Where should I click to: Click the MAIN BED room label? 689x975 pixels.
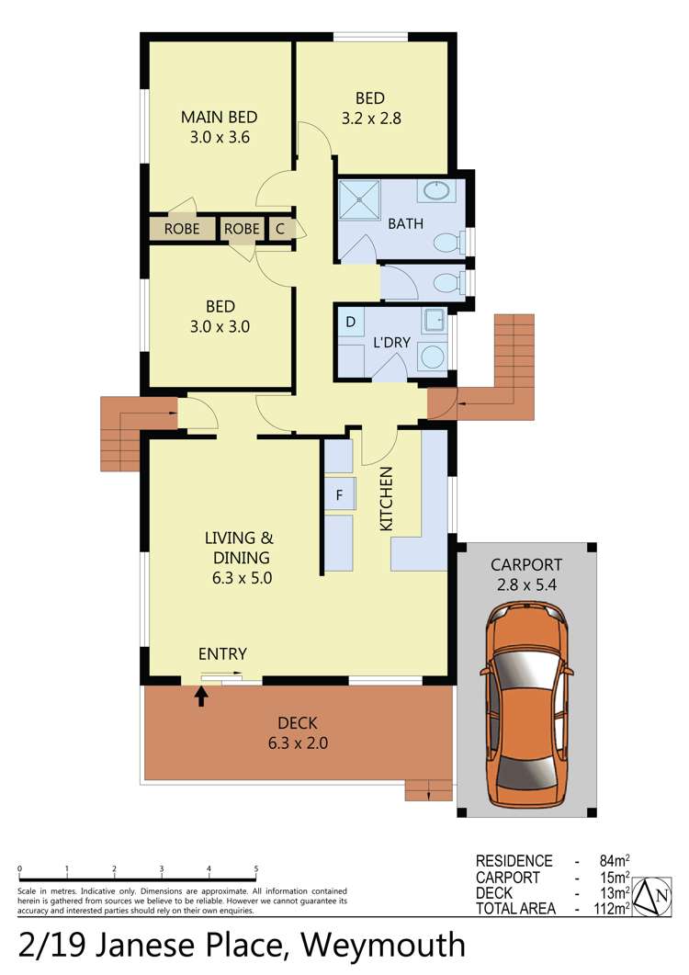pyautogui.click(x=219, y=118)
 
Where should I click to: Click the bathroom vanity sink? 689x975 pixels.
pyautogui.click(x=436, y=192)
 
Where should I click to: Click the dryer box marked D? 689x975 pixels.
pyautogui.click(x=350, y=323)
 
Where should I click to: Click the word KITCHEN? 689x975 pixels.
pyautogui.click(x=387, y=498)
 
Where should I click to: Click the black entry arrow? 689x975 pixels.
pyautogui.click(x=201, y=696)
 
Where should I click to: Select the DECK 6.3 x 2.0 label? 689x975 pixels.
pyautogui.click(x=301, y=732)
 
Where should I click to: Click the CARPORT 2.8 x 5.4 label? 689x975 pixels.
pyautogui.click(x=525, y=573)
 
